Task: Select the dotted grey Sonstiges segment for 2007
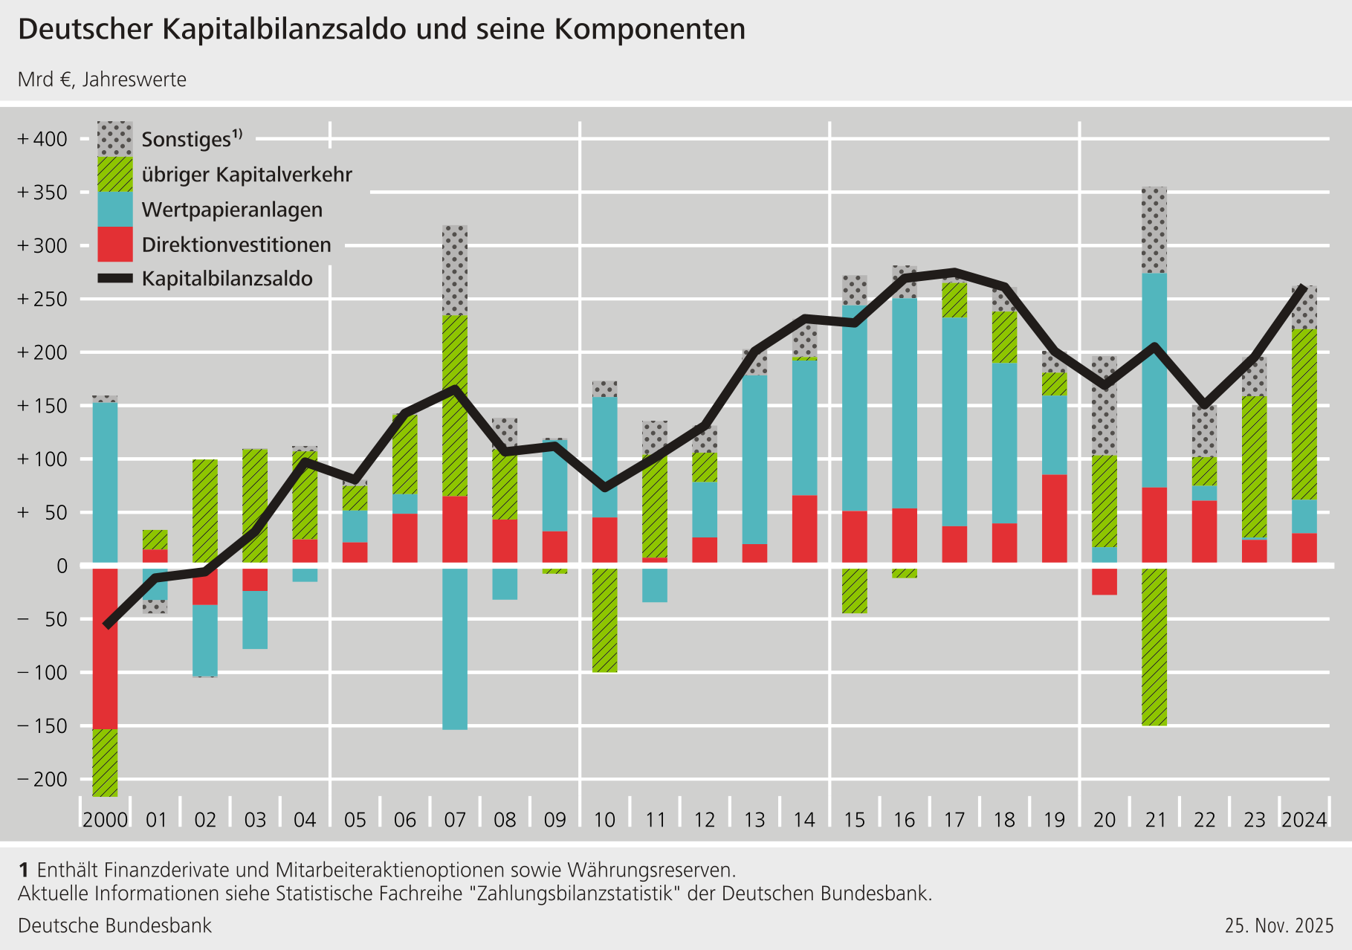point(455,270)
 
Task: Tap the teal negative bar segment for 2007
point(455,648)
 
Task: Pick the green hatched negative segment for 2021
point(1154,647)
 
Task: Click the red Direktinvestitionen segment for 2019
point(1054,518)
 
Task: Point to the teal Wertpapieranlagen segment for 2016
point(904,403)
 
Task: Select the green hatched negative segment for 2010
point(604,620)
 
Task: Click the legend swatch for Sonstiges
point(115,139)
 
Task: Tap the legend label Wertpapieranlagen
point(232,210)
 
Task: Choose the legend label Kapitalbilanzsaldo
point(227,279)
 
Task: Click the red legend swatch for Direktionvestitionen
point(115,244)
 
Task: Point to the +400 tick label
point(42,139)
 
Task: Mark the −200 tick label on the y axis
point(42,779)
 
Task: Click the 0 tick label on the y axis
point(62,566)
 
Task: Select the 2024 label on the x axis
point(1304,820)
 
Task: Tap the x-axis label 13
point(754,820)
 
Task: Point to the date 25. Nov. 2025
point(1279,925)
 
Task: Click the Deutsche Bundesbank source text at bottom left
point(114,925)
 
